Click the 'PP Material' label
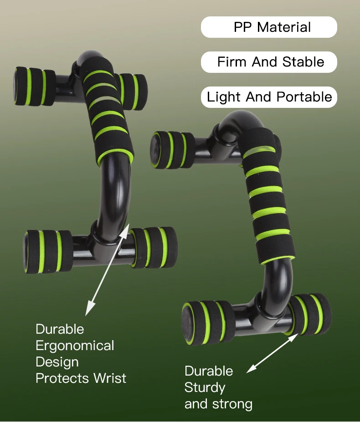(x=272, y=27)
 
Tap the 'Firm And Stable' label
(x=271, y=62)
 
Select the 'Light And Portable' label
(x=269, y=97)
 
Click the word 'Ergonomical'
(x=75, y=346)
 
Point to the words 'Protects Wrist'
(x=81, y=378)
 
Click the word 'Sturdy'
(x=205, y=387)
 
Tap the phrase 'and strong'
(x=218, y=404)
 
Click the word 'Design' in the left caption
(x=57, y=362)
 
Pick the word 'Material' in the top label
(x=284, y=27)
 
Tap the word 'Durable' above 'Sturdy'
(x=209, y=371)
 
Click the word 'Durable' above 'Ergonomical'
(x=60, y=329)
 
